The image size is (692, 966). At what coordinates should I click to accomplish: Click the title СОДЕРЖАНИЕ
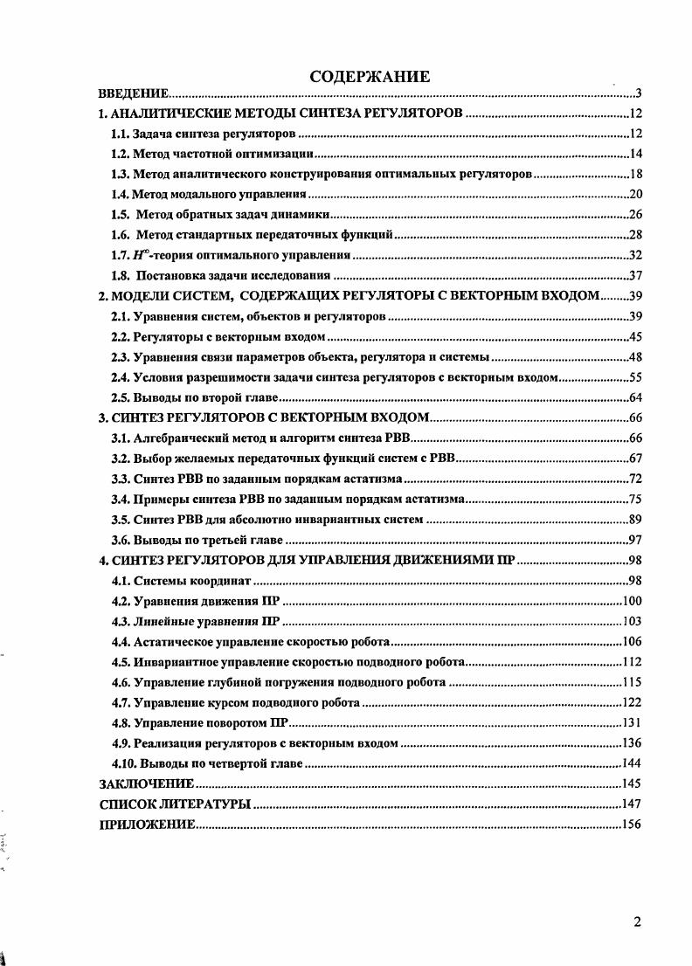(370, 78)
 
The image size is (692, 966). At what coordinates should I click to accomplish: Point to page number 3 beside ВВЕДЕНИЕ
(640, 93)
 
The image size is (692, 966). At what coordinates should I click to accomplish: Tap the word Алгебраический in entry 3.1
(183, 438)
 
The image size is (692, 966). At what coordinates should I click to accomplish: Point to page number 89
(635, 519)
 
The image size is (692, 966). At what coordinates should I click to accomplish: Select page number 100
(632, 600)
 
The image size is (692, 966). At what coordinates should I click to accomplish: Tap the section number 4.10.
(124, 763)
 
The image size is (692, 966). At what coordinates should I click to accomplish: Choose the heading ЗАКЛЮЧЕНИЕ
(146, 783)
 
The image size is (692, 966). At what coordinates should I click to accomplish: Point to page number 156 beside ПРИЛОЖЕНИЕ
(632, 824)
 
